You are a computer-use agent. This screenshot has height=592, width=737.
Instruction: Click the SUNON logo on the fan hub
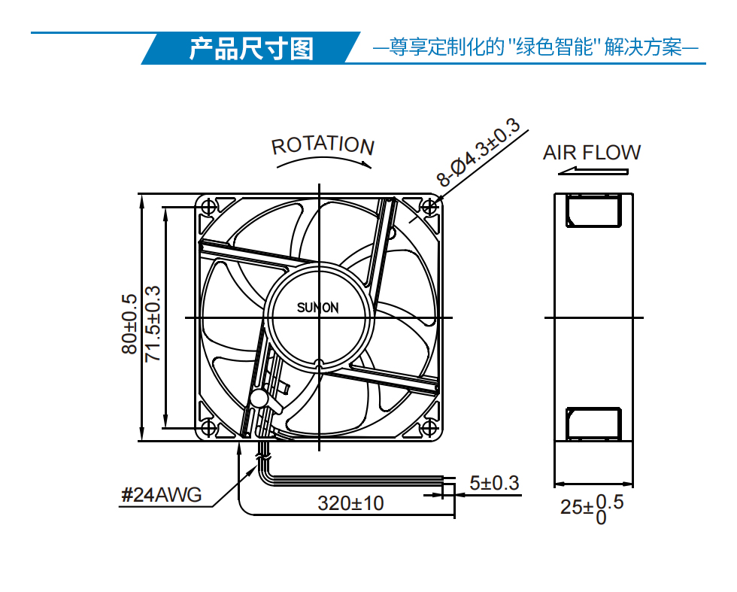click(317, 308)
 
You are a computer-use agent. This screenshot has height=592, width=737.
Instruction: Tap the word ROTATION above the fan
click(323, 145)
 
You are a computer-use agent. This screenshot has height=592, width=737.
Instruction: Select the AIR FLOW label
click(592, 153)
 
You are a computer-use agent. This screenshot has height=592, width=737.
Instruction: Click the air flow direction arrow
click(593, 172)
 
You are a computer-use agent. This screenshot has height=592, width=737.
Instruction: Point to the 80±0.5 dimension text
click(129, 323)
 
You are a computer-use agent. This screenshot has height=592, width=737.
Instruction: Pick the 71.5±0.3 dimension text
click(153, 323)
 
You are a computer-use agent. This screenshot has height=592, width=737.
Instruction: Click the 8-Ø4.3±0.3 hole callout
click(478, 153)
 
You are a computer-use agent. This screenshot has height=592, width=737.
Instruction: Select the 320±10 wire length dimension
click(350, 503)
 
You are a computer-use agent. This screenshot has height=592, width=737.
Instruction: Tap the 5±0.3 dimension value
click(495, 483)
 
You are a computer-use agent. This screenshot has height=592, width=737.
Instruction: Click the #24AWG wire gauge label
click(161, 495)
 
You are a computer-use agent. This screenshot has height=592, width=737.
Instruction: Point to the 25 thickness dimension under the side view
click(593, 509)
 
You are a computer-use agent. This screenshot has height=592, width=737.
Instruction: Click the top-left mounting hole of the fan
click(209, 207)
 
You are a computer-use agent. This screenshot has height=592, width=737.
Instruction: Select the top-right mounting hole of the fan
click(429, 207)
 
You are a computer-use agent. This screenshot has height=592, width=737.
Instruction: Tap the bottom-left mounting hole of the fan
click(209, 428)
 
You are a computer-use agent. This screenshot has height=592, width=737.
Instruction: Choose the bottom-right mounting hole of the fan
click(429, 428)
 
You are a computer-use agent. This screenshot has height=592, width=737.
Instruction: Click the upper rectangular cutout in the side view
click(593, 211)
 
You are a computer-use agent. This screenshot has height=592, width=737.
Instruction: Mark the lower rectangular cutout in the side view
click(593, 424)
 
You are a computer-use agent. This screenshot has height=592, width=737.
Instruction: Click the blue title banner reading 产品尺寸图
click(251, 48)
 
